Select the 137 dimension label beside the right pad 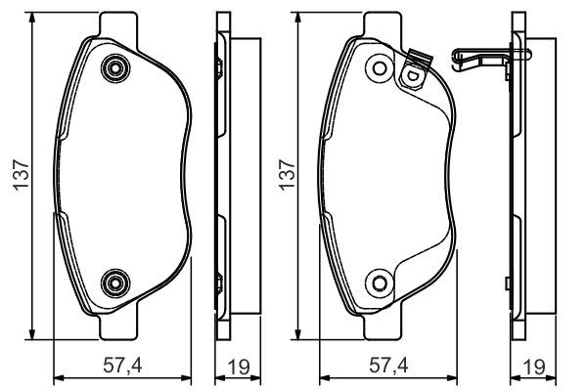tap(286, 175)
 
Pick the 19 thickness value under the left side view tap(236, 367)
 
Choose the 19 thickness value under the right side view tap(532, 367)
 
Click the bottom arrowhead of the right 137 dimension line tap(298, 333)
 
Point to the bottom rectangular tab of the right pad tap(383, 327)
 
